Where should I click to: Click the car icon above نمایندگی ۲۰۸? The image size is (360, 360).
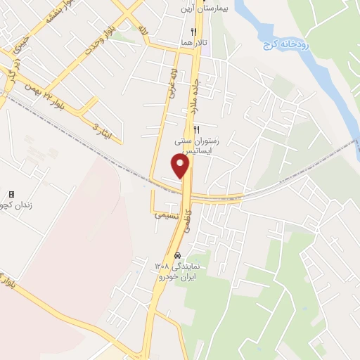pos(178,255)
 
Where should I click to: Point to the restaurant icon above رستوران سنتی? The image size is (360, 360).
pos(197,129)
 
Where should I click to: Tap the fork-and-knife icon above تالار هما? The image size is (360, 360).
pos(193,32)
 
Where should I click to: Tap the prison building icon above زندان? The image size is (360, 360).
pos(11,194)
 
